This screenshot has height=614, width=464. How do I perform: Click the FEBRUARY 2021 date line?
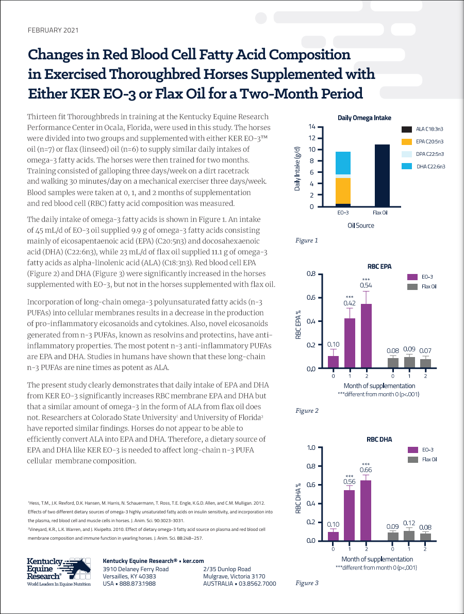tap(53, 30)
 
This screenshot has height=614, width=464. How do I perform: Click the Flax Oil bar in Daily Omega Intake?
tap(382, 175)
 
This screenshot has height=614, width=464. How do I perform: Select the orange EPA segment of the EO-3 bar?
tap(343, 191)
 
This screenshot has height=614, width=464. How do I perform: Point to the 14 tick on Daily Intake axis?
tap(312, 126)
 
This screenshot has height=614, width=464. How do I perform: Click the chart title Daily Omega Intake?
tap(364, 118)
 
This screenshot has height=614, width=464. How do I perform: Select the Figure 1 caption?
tap(307, 240)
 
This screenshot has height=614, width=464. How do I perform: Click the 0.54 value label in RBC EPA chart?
tap(366, 285)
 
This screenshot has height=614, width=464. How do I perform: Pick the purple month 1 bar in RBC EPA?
tap(350, 343)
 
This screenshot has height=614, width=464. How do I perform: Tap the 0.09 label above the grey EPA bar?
tap(409, 349)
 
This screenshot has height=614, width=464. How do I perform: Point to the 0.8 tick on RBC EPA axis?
tap(311, 273)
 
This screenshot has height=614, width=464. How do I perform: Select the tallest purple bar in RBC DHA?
tap(366, 510)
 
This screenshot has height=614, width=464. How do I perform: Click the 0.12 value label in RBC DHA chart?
tap(409, 523)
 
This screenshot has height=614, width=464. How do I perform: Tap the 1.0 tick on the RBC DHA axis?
tap(311, 447)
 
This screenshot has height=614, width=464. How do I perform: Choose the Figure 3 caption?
tap(307, 583)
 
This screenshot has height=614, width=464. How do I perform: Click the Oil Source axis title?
tap(361, 225)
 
